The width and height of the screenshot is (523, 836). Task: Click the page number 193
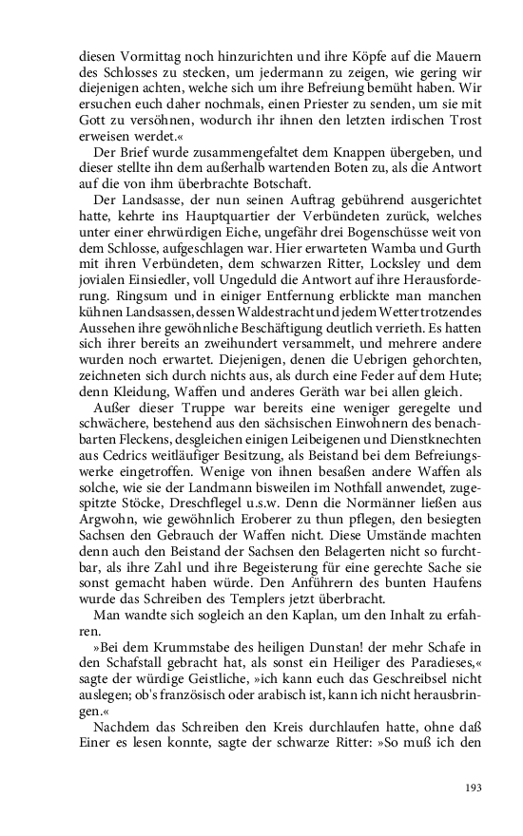pos(473,788)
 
